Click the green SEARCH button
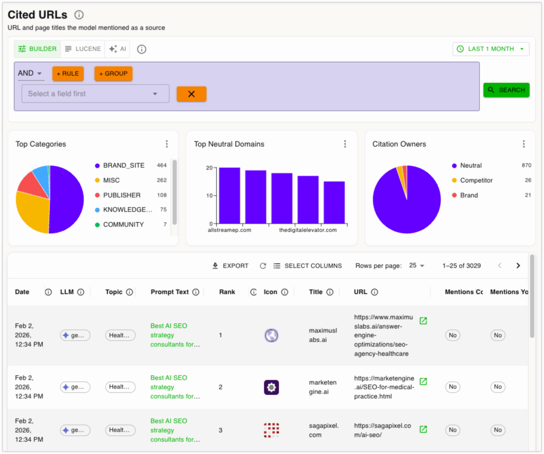(x=506, y=90)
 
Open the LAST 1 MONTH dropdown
(x=491, y=49)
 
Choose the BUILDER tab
(x=37, y=49)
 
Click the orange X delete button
(x=191, y=94)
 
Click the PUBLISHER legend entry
(x=122, y=195)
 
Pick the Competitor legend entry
(x=476, y=180)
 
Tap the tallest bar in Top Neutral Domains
(x=229, y=195)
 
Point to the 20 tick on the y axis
(x=209, y=168)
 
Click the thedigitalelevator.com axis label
(x=308, y=230)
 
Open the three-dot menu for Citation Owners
(x=523, y=144)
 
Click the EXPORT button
(x=230, y=266)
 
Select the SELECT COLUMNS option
(x=308, y=266)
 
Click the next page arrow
(x=518, y=266)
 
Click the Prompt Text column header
(x=169, y=292)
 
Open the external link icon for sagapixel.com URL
(x=423, y=430)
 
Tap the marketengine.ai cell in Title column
(x=322, y=386)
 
